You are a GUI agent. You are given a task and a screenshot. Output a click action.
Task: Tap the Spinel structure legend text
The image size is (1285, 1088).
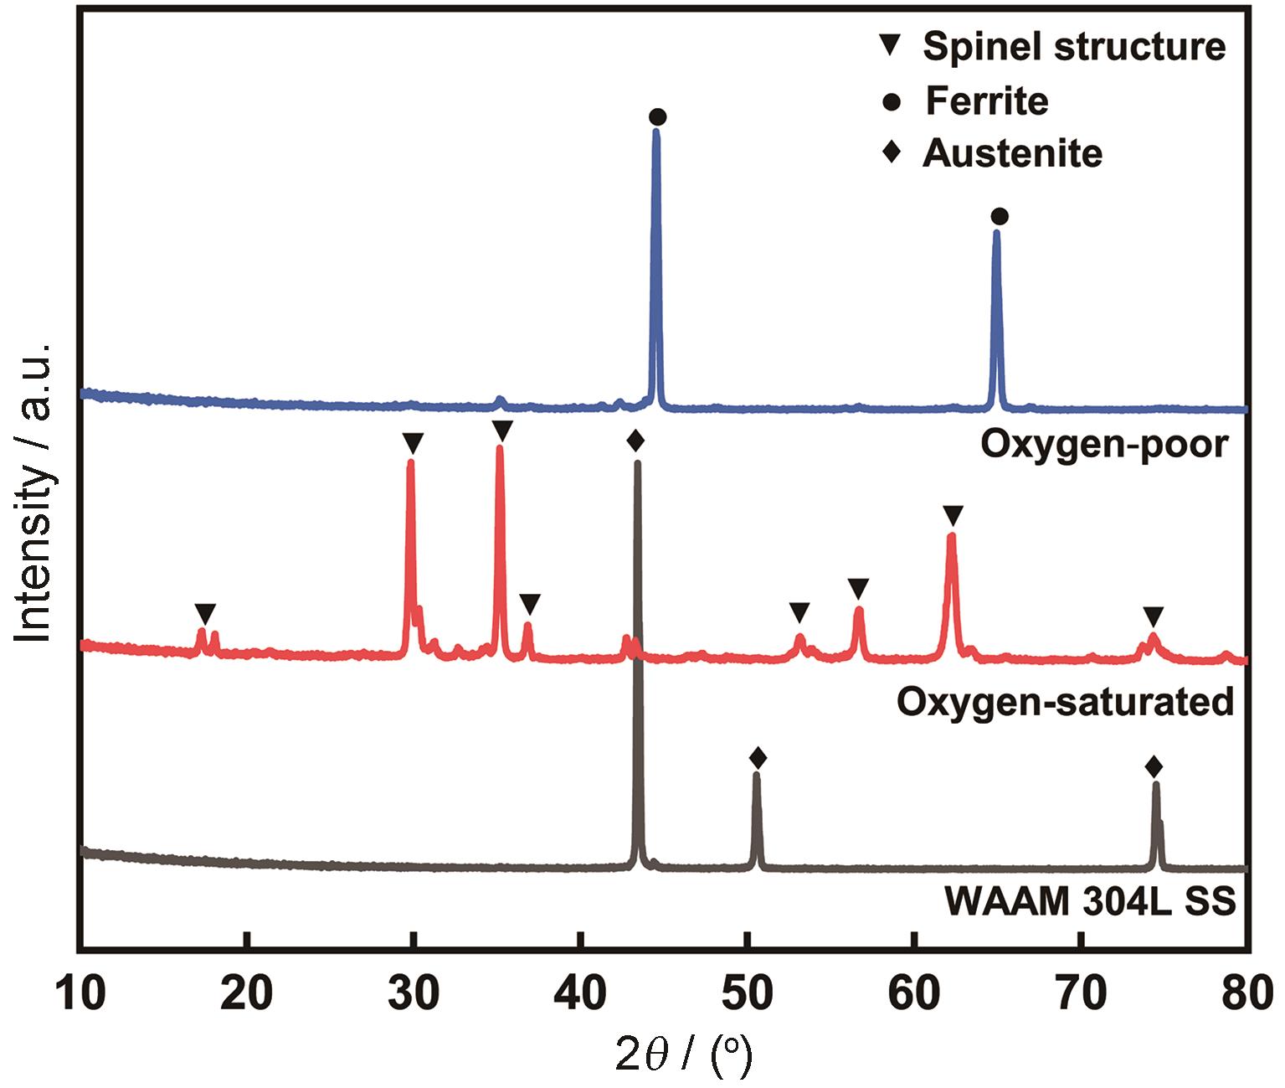pos(1074,46)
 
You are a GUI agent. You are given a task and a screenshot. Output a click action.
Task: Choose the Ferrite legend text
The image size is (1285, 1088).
pos(986,101)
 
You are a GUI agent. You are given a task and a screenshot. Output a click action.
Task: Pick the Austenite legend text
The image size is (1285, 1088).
pos(1012,153)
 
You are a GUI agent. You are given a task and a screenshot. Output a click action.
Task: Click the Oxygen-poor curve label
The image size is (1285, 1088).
pos(1103,444)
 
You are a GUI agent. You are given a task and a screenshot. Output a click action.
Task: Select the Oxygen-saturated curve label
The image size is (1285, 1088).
pos(1065,701)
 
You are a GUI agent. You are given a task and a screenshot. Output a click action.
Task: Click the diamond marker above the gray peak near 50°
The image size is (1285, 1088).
pos(758,758)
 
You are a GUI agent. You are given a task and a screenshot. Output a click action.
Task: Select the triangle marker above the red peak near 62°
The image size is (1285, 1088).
pos(953,514)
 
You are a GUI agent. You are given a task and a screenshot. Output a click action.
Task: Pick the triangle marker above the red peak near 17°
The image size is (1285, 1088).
pos(205,612)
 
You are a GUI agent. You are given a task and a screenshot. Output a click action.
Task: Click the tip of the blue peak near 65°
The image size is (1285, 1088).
pos(996,233)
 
